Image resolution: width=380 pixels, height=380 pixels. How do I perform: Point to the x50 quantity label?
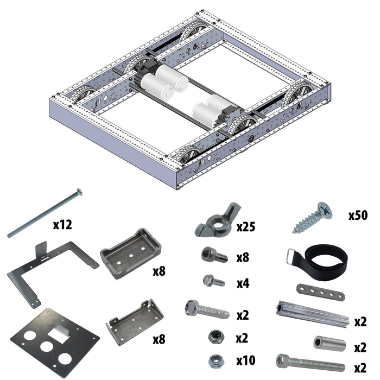[x=358, y=216]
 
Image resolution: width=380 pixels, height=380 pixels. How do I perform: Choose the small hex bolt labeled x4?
[x=213, y=281]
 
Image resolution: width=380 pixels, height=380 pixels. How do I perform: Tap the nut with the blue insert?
[x=215, y=360]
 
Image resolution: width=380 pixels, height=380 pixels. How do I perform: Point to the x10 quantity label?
[x=245, y=360]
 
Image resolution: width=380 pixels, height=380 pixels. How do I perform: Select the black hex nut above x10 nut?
[x=214, y=337]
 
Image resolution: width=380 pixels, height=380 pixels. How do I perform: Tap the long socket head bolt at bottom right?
[x=309, y=363]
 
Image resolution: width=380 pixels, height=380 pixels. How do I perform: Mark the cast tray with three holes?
[x=131, y=252]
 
